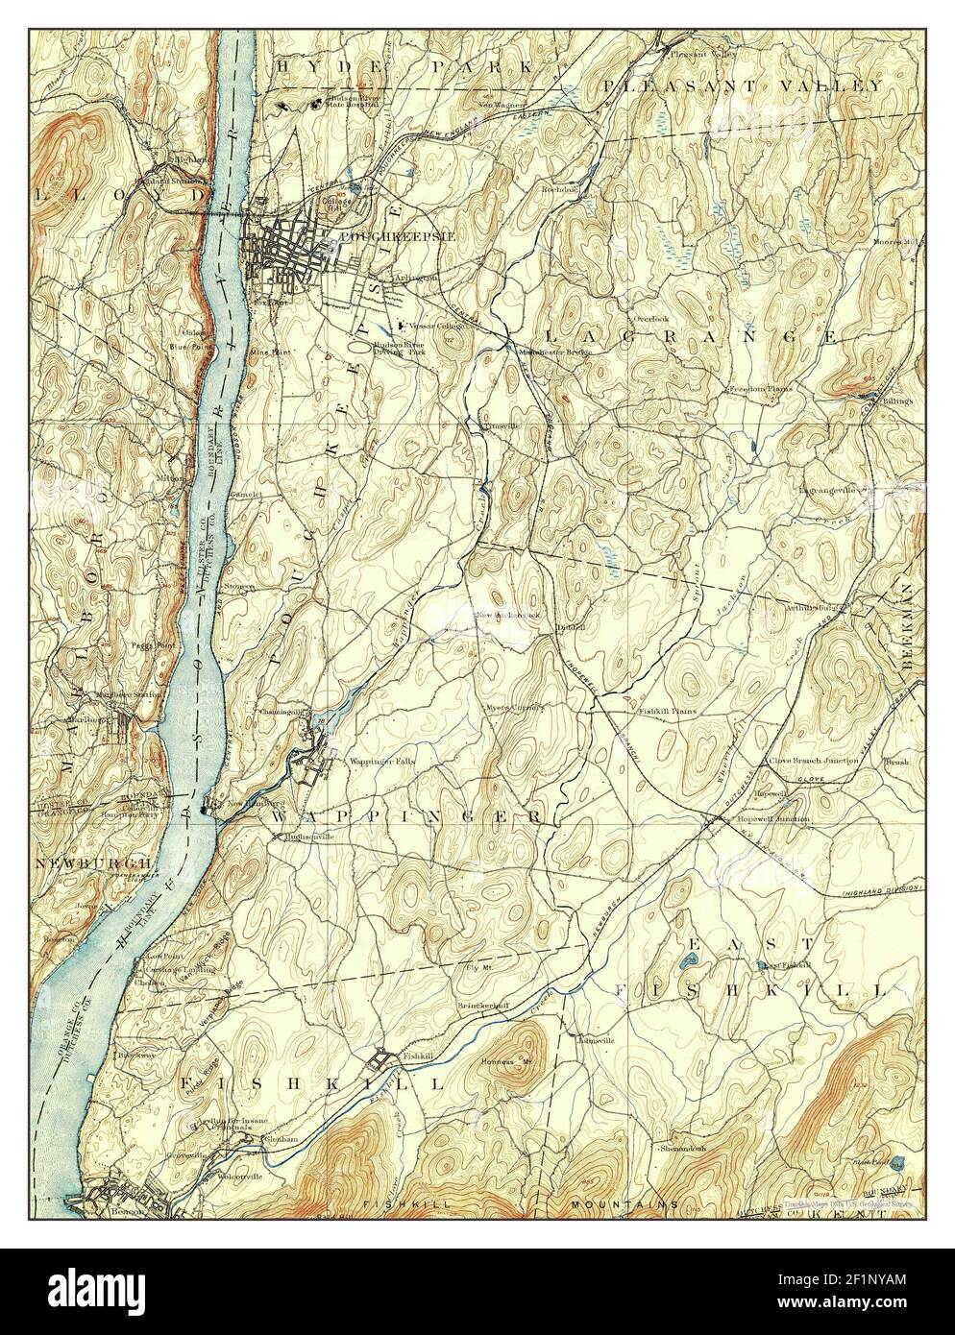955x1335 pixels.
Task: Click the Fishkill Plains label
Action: click(x=667, y=712)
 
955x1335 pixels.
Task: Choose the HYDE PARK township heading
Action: click(x=404, y=66)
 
